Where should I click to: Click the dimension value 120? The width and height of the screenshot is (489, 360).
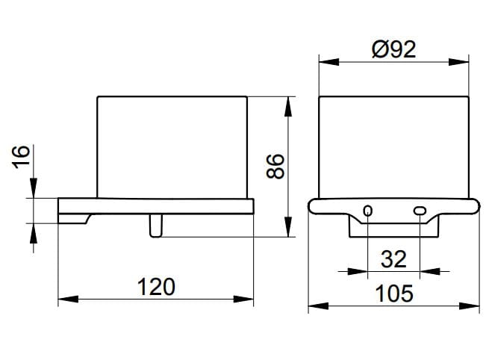point(156,287)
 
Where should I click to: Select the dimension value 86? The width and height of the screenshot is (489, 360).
point(275,167)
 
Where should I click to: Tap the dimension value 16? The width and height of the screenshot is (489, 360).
point(21,157)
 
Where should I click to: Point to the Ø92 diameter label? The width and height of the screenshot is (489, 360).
point(394,49)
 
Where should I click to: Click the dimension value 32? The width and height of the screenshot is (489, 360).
point(393,259)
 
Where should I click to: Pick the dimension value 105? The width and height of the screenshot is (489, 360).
point(394,294)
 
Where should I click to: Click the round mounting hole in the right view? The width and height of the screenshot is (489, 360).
point(368,211)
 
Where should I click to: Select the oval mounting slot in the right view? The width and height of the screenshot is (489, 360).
point(420,211)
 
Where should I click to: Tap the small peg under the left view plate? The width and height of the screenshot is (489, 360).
point(155,226)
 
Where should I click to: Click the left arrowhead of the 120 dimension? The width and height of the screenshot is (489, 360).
point(68,300)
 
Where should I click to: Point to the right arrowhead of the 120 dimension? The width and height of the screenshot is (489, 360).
point(243,300)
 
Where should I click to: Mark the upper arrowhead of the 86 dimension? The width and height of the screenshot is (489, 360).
point(288,107)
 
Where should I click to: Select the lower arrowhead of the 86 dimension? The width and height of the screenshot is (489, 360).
point(288,227)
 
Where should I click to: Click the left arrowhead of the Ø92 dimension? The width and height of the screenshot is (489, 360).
point(329,62)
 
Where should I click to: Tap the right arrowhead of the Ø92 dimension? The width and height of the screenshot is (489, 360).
point(458,62)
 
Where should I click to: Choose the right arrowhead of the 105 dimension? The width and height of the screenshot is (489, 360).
point(470,306)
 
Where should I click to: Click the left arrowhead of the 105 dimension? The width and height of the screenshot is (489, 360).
point(319,306)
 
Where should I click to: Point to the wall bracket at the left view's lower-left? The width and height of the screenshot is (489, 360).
point(74,219)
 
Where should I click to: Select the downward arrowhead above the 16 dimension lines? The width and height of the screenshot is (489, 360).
point(34,187)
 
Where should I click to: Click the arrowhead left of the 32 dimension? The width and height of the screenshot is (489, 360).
point(358,271)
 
